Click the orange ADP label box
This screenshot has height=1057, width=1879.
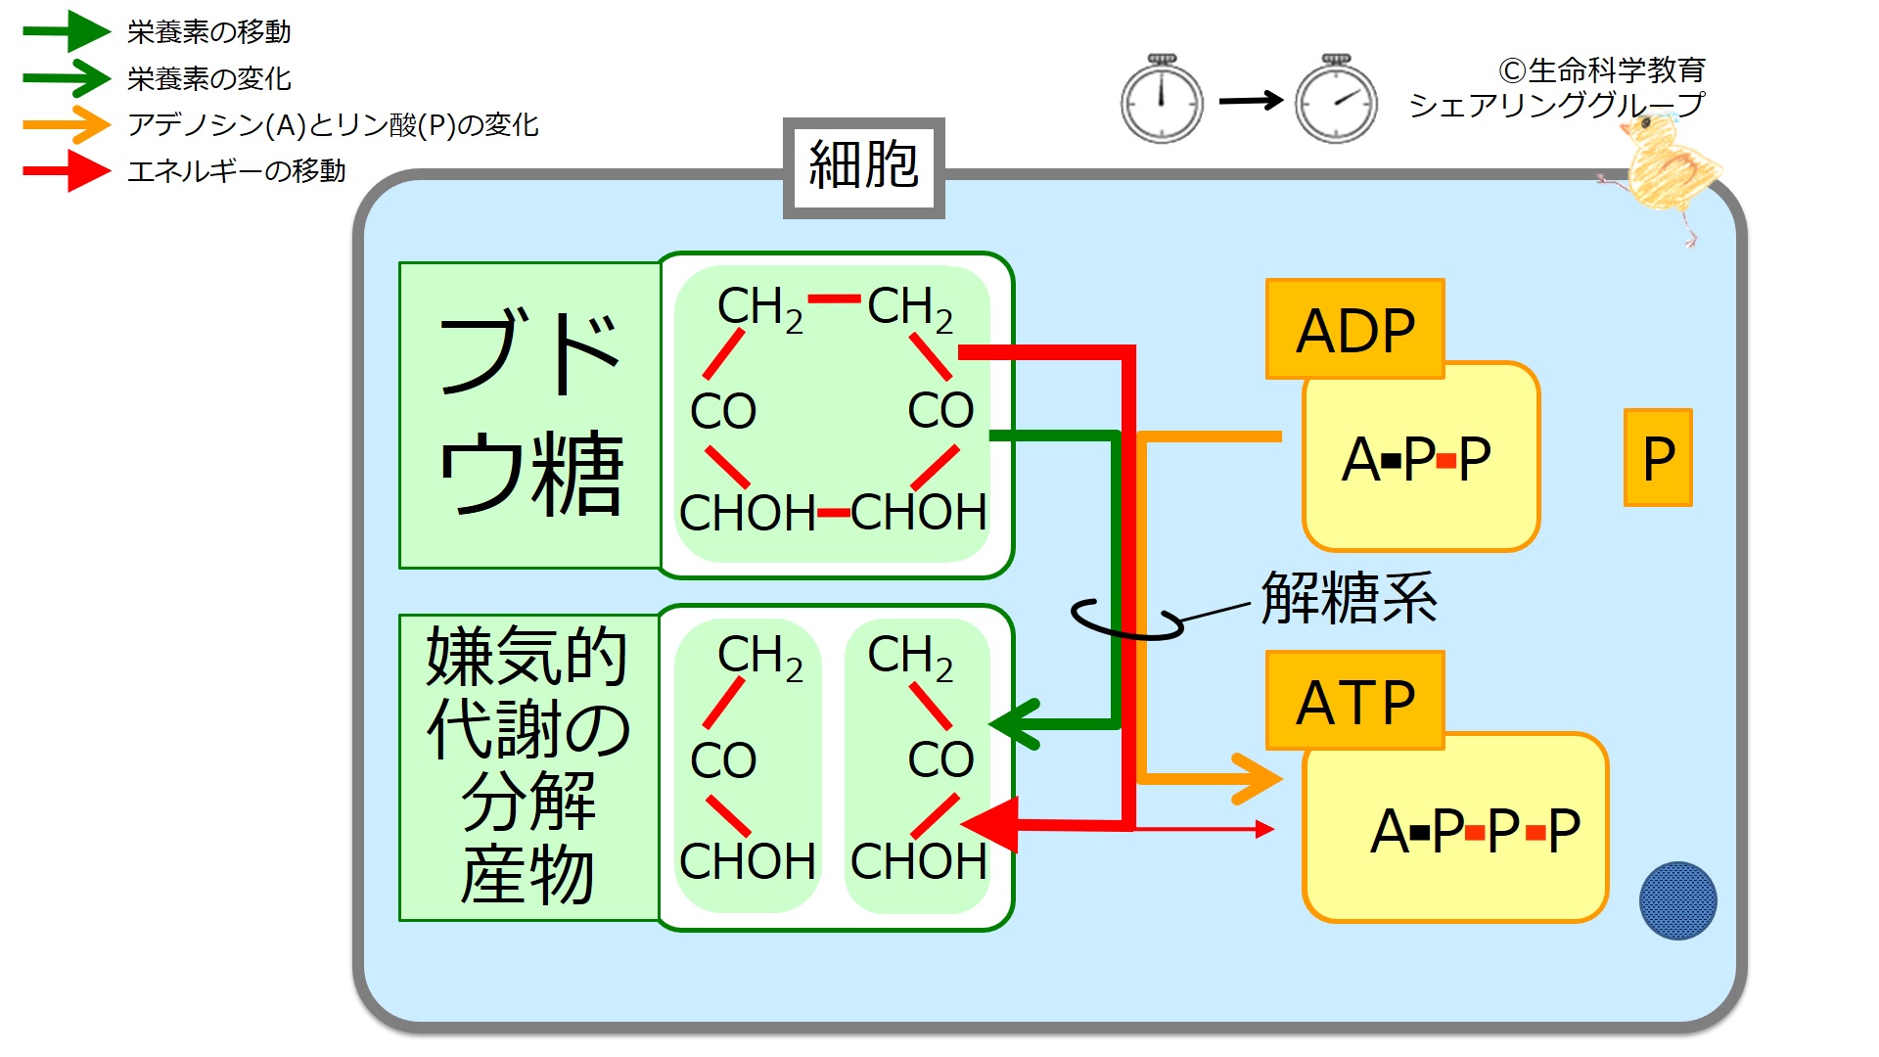(1354, 330)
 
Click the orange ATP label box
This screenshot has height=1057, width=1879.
(1354, 701)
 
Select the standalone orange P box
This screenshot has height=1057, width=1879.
(1658, 458)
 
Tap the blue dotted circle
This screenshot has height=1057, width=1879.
(1677, 900)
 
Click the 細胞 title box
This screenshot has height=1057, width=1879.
(863, 167)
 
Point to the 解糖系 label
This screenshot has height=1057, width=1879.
(1349, 598)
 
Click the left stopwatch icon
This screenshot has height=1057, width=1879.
(1162, 100)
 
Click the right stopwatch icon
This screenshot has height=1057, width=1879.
(1336, 100)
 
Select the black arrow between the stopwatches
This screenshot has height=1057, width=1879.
(1250, 100)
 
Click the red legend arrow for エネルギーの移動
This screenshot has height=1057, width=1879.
(67, 170)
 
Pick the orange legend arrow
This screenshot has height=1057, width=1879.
(67, 124)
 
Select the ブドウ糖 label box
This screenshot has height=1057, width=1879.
(529, 415)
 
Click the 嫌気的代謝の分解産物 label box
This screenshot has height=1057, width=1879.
(528, 767)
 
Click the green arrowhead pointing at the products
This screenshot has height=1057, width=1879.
(1016, 725)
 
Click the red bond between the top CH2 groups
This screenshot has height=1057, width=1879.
(834, 299)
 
